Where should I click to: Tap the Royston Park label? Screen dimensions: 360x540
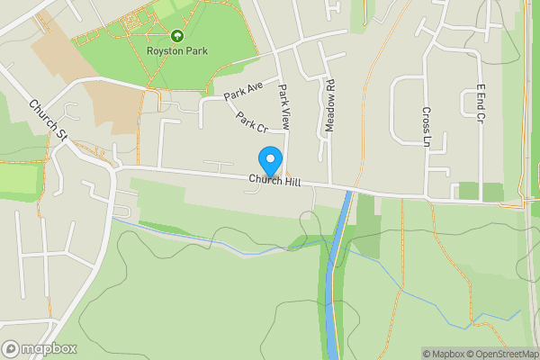[177, 51]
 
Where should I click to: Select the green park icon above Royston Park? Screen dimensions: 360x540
[177, 36]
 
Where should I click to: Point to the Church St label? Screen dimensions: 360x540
[49, 120]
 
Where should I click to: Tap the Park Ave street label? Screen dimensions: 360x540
[243, 90]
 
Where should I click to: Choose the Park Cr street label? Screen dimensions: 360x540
[253, 122]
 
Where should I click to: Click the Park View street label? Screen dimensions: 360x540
[284, 104]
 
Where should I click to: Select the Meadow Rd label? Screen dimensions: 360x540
[329, 105]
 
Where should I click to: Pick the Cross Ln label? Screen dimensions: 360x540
[426, 125]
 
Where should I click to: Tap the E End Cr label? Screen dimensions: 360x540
[482, 104]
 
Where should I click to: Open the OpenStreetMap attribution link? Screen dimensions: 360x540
[501, 354]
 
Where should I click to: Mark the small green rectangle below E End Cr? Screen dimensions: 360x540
[468, 191]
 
